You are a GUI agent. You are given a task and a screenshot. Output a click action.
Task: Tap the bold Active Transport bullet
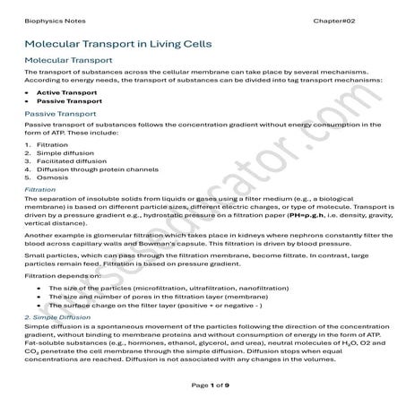tap(67, 91)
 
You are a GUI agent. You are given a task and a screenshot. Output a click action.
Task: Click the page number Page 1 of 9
tap(202, 384)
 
